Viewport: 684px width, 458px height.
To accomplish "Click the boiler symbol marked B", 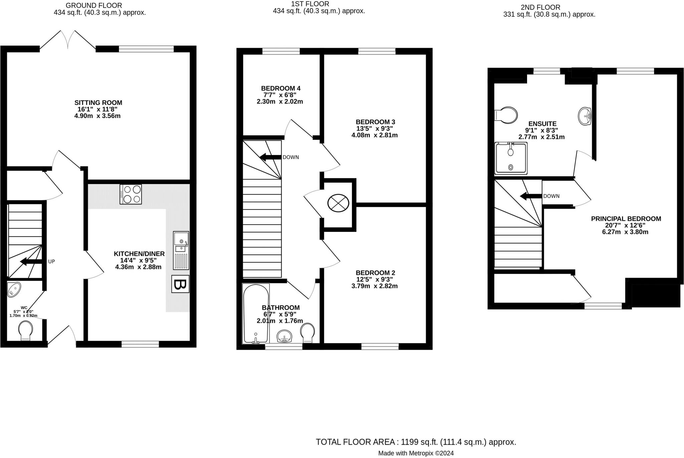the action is coord(180,284).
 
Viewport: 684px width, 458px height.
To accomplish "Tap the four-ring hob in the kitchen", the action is coord(131,194).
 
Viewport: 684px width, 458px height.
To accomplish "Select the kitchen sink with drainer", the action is coord(181,250).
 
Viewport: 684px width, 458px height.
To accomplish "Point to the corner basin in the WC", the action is coord(14,289).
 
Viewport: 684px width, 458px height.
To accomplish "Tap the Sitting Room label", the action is coord(98,103).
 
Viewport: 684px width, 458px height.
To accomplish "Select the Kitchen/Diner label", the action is coord(139,254).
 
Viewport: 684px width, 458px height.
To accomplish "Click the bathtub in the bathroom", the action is coord(256,314).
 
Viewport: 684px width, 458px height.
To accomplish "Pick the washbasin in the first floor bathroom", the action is coord(285,336).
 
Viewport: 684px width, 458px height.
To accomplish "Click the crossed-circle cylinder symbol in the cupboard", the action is coord(338,203).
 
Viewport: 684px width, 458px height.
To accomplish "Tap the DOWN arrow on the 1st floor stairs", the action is coord(270,157).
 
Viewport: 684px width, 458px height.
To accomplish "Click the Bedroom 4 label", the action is coord(281,89).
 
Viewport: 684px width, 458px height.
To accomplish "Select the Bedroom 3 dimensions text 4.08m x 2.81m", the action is coord(374,135).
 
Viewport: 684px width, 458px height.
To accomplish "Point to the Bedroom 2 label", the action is coord(375,273).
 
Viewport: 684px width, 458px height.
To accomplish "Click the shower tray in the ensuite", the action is coord(511,159).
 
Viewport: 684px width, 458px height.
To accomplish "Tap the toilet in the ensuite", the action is coord(506,115).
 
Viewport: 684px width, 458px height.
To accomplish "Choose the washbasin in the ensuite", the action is coord(585,116).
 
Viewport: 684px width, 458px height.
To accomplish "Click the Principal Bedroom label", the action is coord(626,219).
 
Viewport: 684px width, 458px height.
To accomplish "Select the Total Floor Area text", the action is coord(416,442).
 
